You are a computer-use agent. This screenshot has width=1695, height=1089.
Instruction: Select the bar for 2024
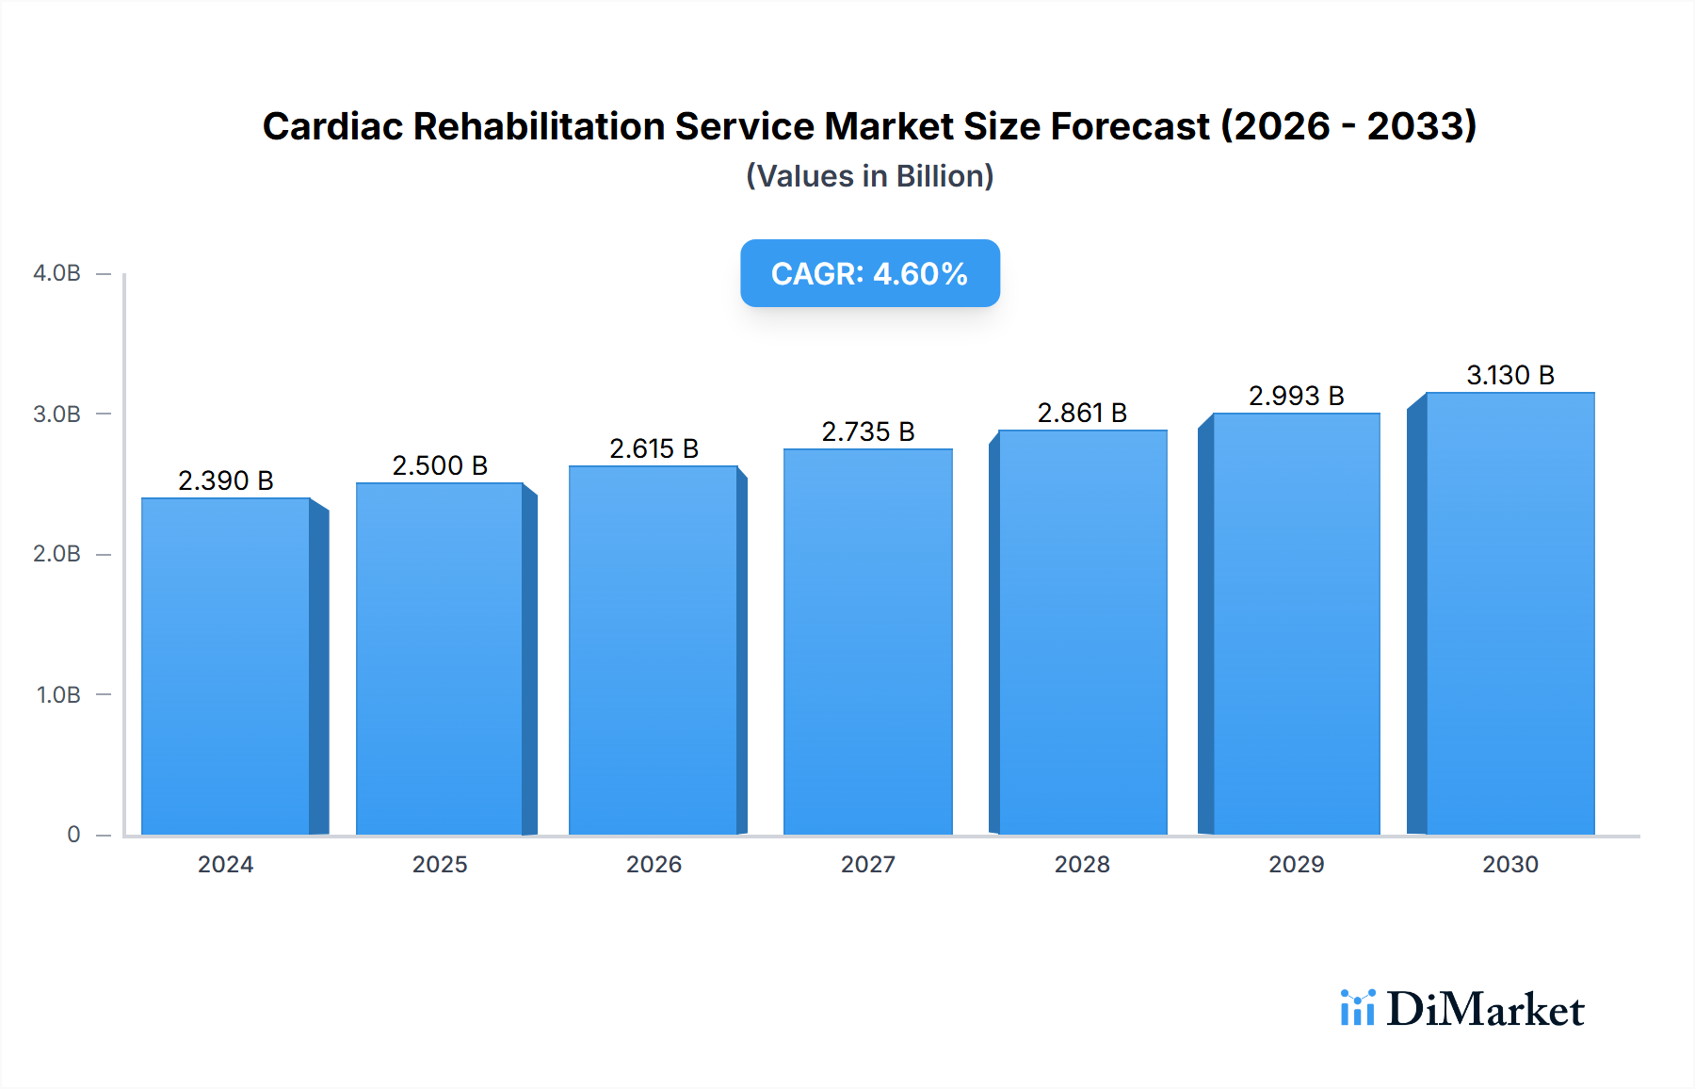[226, 666]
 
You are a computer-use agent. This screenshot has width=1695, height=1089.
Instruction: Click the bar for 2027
[867, 642]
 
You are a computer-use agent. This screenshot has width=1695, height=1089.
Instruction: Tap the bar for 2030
[1509, 613]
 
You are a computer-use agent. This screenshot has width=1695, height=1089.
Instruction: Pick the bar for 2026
[654, 650]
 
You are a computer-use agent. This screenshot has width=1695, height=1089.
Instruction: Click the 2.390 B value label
[226, 480]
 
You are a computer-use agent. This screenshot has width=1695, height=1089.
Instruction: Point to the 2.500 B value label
[440, 465]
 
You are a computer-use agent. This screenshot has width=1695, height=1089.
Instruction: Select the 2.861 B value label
[1082, 413]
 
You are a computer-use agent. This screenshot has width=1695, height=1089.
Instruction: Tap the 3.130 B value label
[1509, 375]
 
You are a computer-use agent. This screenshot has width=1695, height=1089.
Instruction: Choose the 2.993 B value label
[1296, 396]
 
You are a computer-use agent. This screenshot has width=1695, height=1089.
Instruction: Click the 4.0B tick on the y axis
[57, 273]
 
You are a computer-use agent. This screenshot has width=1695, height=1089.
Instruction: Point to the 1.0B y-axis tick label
[58, 694]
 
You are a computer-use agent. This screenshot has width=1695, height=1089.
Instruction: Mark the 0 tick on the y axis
[73, 834]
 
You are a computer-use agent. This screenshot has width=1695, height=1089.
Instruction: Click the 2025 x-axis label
[440, 864]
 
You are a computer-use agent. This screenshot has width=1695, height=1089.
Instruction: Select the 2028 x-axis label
[1082, 864]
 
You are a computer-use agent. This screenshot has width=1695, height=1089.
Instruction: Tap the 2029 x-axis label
[1296, 864]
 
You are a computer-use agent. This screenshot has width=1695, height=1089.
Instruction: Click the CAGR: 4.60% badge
[869, 273]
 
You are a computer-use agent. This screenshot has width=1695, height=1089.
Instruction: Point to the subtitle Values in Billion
[869, 176]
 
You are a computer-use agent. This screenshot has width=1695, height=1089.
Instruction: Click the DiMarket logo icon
[1357, 1008]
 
